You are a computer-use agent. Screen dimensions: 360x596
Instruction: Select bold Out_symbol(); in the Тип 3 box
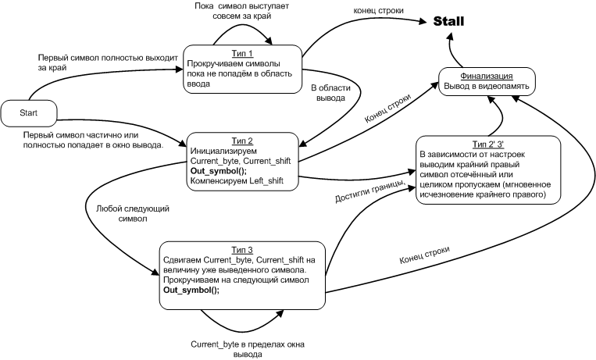coord(191,290)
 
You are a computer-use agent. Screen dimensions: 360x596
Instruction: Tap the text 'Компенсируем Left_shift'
coord(233,180)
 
